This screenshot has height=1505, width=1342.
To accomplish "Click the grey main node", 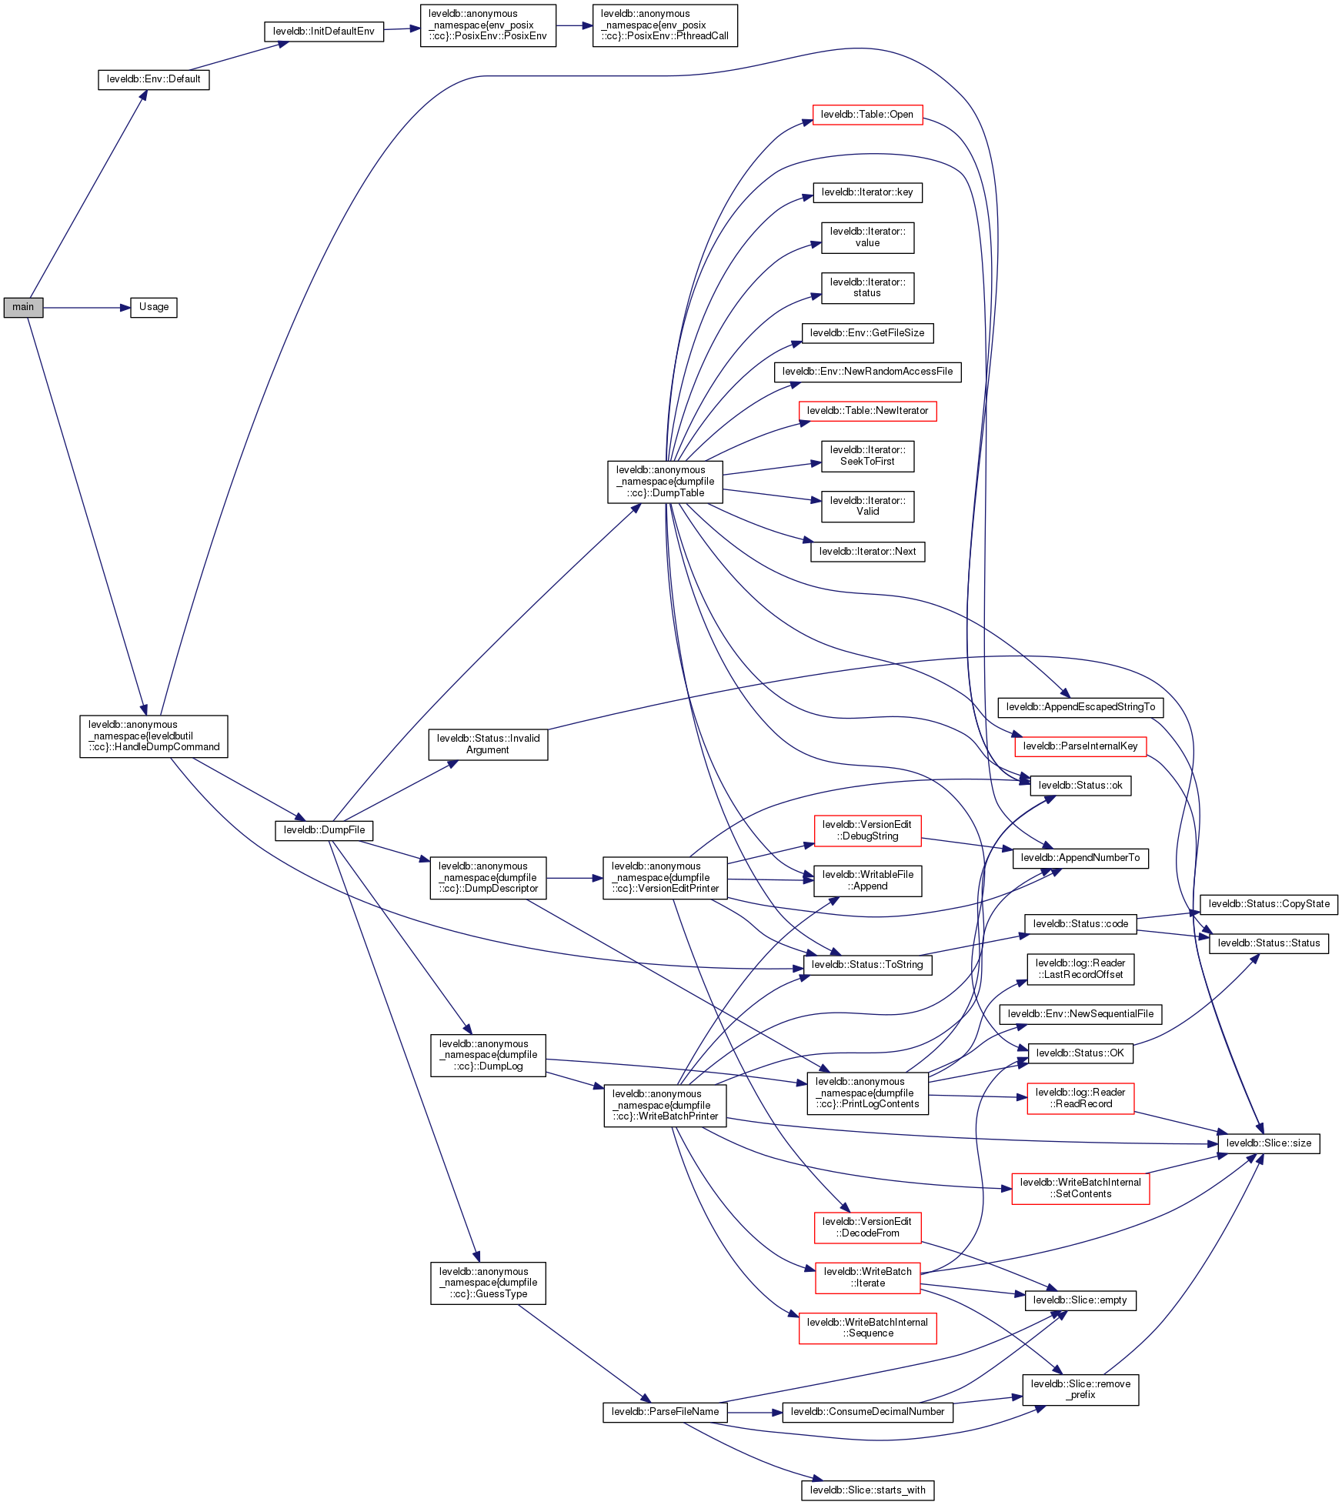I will (23, 307).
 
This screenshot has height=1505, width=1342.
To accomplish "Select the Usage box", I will (153, 307).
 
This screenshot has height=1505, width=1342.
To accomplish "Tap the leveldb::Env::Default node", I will (153, 79).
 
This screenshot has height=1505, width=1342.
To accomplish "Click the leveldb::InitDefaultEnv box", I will (323, 32).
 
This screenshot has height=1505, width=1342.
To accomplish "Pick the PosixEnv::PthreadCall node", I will (664, 25).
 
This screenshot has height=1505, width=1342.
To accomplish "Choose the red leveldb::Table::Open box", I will (867, 115).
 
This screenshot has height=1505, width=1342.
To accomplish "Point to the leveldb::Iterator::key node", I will (867, 192).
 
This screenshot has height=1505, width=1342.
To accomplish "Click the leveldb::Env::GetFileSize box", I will (867, 333).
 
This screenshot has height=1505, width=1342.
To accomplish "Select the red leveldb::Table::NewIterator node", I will (867, 411).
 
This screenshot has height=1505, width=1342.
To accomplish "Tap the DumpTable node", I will (665, 482).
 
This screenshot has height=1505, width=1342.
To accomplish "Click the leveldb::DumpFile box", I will (324, 830).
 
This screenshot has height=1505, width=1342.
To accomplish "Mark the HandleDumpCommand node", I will (153, 736).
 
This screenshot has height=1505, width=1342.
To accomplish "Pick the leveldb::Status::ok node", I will (1080, 786).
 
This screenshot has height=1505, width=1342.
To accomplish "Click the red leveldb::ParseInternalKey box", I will (1080, 746).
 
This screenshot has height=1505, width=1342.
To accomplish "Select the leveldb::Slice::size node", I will (1268, 1143).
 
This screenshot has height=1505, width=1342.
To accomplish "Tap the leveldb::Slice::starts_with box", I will (867, 1490).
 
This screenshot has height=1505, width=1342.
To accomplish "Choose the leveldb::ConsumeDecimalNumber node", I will (867, 1412).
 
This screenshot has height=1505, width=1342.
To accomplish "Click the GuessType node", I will (488, 1283).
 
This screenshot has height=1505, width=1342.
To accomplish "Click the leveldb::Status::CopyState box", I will (1268, 904).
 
